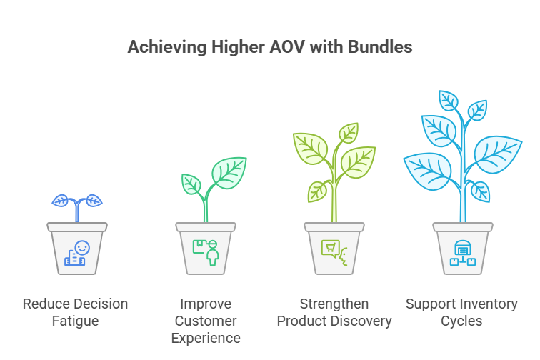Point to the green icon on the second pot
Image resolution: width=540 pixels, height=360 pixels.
coord(206,251)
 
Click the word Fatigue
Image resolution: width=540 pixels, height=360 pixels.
coord(75,321)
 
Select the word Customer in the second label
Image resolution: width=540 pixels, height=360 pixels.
coord(206,321)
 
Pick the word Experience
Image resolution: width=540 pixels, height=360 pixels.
coord(206,337)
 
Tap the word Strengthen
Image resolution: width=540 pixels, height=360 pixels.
coord(334,304)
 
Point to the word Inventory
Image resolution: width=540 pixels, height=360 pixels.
coord(489,304)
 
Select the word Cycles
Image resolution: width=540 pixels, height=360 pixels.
coord(461,321)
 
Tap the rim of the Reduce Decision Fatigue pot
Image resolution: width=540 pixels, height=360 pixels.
coord(77,227)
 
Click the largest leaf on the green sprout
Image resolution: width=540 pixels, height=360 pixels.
coord(230,172)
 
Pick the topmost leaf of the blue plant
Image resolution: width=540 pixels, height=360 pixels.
coord(449,101)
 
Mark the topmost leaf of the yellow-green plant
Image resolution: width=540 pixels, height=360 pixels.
coord(349,134)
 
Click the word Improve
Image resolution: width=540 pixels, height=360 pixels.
coord(206,304)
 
